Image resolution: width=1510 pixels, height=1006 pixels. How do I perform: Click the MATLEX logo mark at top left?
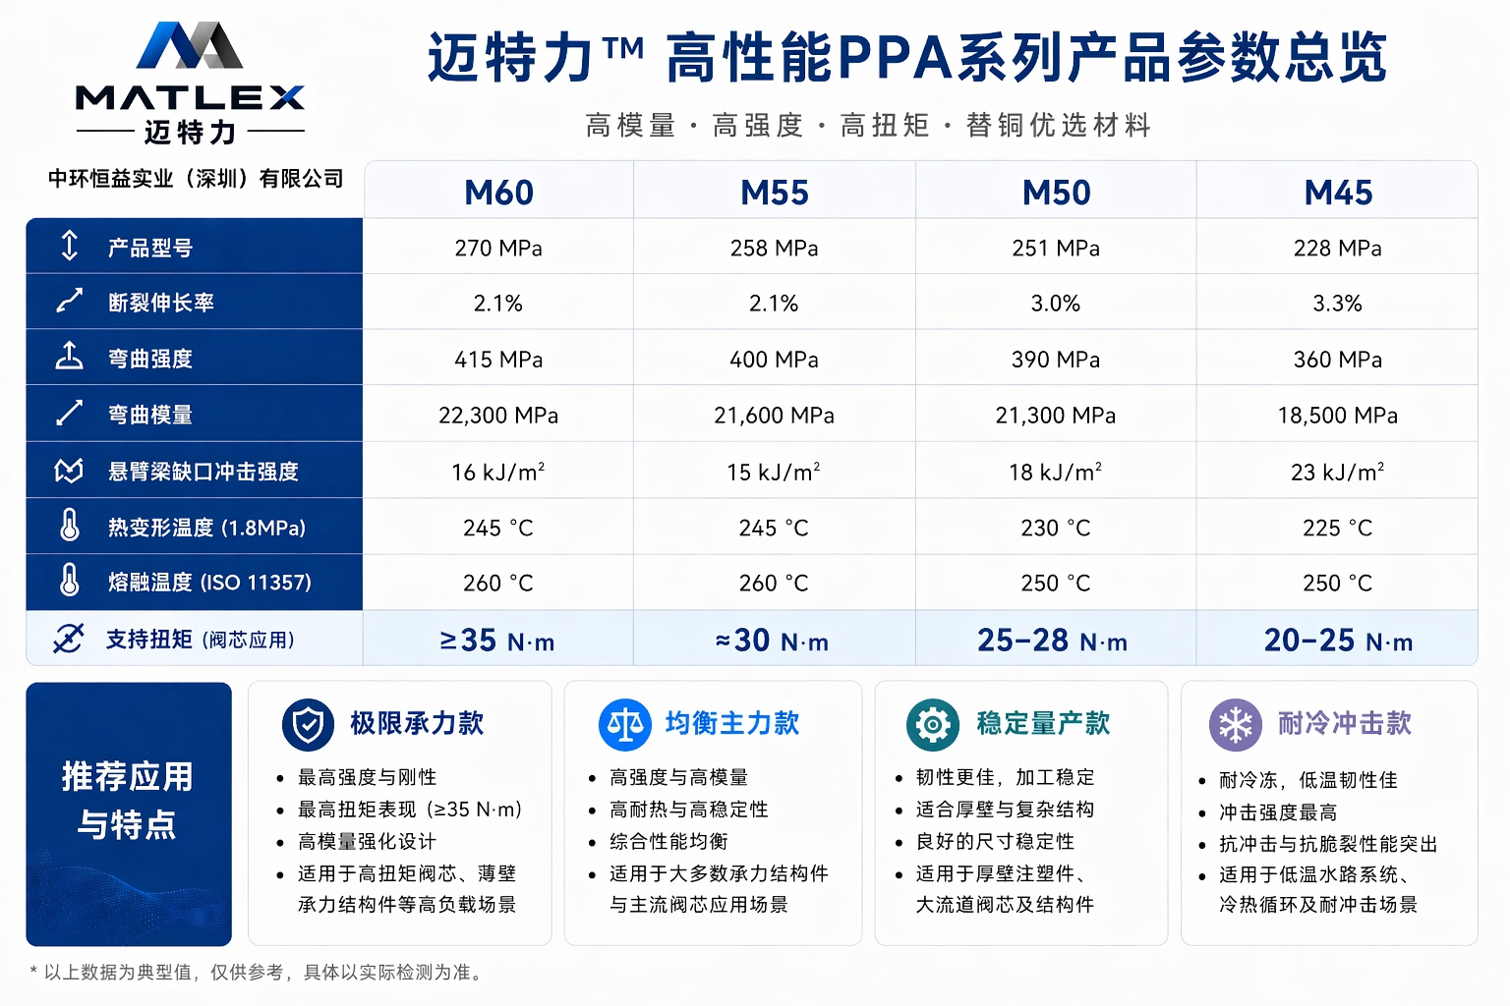(x=190, y=45)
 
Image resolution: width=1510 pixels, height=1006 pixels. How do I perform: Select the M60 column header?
(x=498, y=192)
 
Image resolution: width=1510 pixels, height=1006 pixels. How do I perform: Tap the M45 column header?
(x=1338, y=192)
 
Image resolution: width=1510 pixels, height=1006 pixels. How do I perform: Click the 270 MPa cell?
(x=498, y=248)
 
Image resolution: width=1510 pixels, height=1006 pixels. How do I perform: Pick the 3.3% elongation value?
(x=1337, y=304)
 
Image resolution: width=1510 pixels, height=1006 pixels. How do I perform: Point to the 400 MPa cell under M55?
(x=774, y=360)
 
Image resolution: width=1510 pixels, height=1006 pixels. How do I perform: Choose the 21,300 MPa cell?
(x=1055, y=416)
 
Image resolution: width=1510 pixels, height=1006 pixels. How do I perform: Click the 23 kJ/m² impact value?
(x=1337, y=473)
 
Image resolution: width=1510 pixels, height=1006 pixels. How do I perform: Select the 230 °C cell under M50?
(x=1055, y=529)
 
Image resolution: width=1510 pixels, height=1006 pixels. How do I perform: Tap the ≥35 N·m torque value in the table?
(x=497, y=641)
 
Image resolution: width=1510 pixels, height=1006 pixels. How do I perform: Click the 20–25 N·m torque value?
(x=1338, y=641)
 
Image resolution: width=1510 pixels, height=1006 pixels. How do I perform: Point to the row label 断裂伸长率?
(x=161, y=303)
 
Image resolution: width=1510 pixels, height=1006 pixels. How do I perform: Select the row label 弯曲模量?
(x=150, y=415)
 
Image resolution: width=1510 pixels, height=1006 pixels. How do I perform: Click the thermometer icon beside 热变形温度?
(x=69, y=525)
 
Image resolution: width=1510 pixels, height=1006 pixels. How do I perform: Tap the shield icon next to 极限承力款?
(x=308, y=725)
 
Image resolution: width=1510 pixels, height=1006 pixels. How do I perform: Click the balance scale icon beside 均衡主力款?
(x=624, y=725)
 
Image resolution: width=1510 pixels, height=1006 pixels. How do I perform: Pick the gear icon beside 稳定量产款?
(x=932, y=725)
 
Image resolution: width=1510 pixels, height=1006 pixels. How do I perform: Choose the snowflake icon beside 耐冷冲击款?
(x=1236, y=725)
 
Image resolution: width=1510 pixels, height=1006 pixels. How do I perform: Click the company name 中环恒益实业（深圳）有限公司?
(x=196, y=179)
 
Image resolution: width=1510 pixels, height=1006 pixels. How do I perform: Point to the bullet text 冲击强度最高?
(x=1278, y=812)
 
